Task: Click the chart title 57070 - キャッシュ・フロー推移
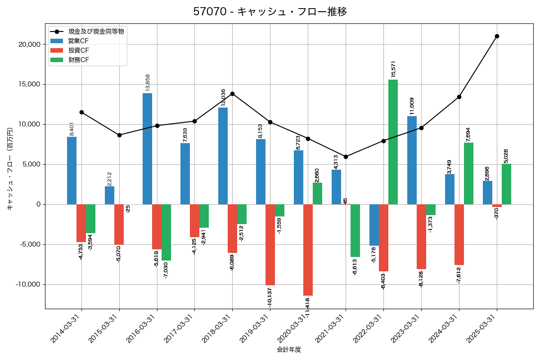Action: (x=270, y=12)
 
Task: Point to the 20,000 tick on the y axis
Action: (x=28, y=45)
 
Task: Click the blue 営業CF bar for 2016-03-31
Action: (x=147, y=148)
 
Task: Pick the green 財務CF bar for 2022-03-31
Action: (x=393, y=142)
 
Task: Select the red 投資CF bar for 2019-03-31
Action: (x=270, y=245)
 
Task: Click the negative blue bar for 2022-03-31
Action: (x=374, y=225)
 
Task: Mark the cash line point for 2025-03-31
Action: (x=497, y=36)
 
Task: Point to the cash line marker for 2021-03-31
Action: (x=346, y=157)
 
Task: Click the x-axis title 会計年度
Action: (x=289, y=350)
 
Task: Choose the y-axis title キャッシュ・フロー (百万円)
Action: (x=10, y=169)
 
